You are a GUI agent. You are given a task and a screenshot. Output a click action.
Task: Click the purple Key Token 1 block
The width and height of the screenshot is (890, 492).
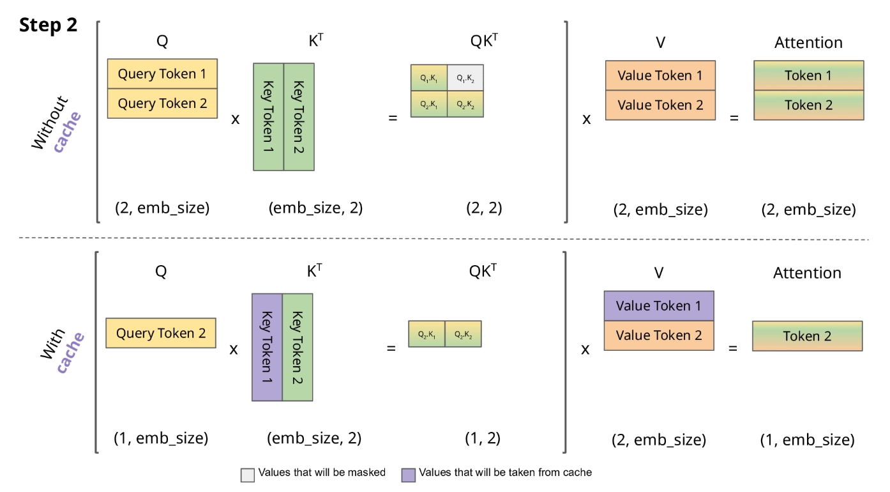point(267,347)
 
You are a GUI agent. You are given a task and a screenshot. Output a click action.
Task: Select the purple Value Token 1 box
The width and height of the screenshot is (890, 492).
point(658,305)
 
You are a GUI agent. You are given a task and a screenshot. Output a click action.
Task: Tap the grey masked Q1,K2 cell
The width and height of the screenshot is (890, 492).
point(465,78)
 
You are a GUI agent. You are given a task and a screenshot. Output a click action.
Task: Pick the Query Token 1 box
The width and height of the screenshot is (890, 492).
point(162,74)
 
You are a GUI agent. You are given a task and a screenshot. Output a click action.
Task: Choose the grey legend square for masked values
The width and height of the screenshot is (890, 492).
point(247,474)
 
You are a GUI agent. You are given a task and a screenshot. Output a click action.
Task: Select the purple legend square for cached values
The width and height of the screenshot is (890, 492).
point(408,474)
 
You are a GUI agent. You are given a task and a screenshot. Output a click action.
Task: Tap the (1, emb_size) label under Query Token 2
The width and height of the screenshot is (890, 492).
point(161,439)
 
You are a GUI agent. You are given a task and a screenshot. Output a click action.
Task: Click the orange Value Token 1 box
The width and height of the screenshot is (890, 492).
point(660,76)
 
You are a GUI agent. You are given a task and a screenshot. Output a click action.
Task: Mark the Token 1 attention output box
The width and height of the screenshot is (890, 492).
point(808,75)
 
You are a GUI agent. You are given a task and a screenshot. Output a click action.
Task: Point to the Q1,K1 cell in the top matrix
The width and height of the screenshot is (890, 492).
point(428,78)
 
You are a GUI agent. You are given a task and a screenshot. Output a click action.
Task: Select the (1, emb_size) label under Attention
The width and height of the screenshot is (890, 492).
point(807,440)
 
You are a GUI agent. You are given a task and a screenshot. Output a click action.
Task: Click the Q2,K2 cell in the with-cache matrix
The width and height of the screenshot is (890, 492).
point(463,334)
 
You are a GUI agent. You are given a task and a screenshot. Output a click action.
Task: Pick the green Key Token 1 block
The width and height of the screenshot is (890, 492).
point(268,116)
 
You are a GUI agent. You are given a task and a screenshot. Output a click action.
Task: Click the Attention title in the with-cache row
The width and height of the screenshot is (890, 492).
point(807,273)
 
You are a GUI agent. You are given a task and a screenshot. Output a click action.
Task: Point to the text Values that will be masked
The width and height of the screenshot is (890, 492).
point(322,473)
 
